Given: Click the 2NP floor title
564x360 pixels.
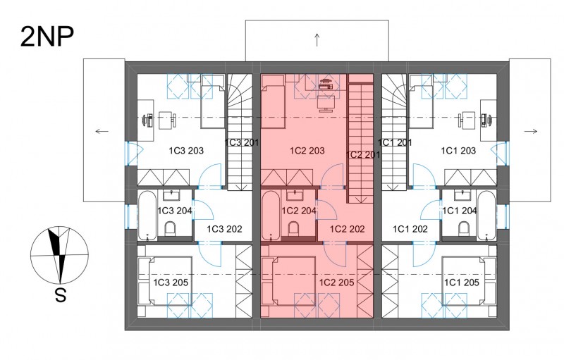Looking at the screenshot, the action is [x=47, y=37].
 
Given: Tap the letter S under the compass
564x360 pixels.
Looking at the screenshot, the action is [x=61, y=296].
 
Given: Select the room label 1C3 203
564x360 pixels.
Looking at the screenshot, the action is [x=186, y=151].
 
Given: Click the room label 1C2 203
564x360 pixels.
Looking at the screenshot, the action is [x=307, y=151].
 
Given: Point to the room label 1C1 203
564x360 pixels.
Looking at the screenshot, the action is [x=458, y=151].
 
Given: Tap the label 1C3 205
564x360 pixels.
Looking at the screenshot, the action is [x=171, y=283].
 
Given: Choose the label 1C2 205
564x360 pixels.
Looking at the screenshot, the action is [x=337, y=283].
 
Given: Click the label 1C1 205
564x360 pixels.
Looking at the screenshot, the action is [x=462, y=283].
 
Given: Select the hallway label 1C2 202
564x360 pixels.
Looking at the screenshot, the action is [x=347, y=229].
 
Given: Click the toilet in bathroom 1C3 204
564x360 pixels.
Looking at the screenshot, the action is [x=169, y=229].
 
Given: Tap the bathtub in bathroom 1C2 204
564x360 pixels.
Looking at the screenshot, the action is [x=271, y=216].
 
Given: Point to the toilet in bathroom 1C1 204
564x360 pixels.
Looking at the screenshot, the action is [x=464, y=229].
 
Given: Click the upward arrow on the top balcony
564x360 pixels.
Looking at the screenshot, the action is [x=317, y=40].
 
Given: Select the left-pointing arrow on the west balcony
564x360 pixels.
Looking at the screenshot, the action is [x=102, y=132].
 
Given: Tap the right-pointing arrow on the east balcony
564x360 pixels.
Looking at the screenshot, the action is [x=531, y=132].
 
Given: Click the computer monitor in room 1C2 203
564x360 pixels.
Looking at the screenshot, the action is [x=326, y=104].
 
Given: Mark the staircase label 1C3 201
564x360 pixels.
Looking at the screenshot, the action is [x=242, y=142].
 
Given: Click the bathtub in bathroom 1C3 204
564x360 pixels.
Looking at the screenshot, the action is [x=147, y=216].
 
